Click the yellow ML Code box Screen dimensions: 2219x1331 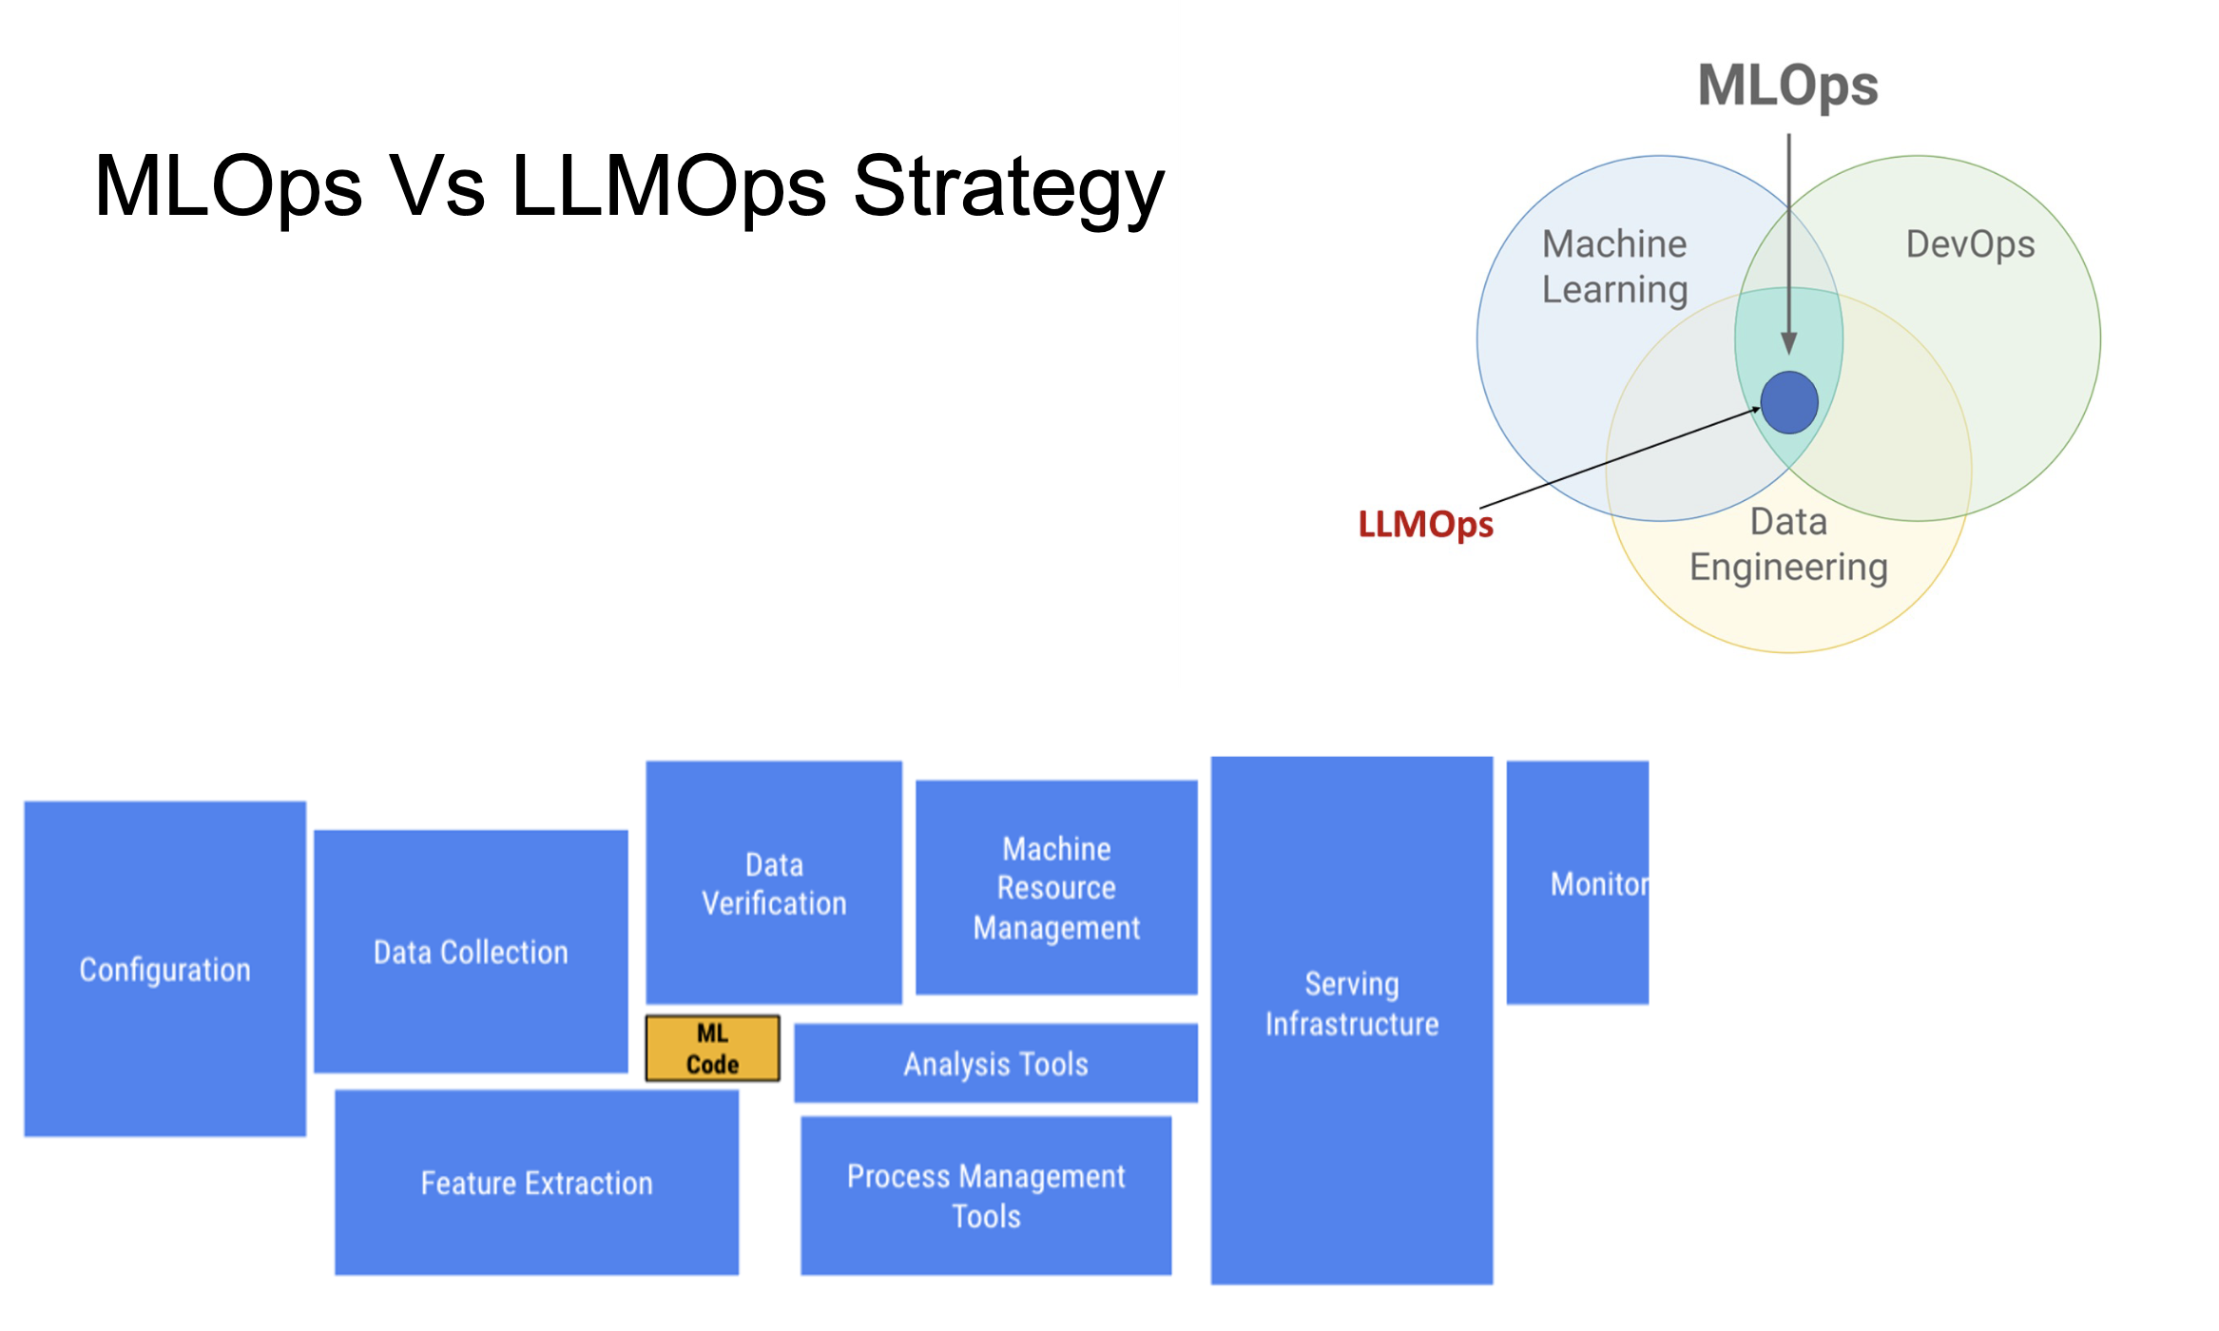712,1048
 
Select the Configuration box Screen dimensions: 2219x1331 165,969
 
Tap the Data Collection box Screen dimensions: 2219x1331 471,952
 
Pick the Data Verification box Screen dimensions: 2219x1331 774,882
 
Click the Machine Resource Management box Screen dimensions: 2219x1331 1056,888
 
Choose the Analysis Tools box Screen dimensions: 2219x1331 995,1063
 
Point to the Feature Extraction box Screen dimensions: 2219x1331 536,1183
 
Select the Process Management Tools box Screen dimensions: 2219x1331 986,1196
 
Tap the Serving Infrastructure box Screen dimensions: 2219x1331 1352,1020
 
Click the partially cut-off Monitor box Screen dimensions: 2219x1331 1578,882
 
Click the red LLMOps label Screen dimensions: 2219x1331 1425,524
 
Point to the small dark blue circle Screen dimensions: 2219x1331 1789,402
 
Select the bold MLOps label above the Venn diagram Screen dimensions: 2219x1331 1787,86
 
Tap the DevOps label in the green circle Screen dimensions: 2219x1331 1970,244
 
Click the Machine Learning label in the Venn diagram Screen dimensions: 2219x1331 1614,267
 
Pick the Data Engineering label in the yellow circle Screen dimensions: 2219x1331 1788,545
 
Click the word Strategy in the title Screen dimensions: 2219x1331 1009,187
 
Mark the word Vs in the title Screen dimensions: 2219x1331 437,185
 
